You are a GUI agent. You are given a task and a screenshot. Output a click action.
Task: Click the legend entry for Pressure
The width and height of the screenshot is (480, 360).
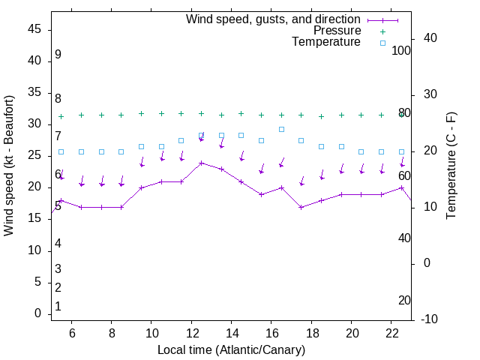tap(337, 31)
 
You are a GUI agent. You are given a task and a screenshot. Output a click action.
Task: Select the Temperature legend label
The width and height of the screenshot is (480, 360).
tap(326, 42)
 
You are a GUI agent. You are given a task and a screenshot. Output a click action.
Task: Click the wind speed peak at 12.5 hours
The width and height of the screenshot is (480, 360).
tap(201, 163)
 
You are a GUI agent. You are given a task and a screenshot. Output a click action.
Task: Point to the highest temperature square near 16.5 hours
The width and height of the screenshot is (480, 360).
tap(281, 129)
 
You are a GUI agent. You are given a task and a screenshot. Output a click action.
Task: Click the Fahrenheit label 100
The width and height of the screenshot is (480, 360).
tap(401, 50)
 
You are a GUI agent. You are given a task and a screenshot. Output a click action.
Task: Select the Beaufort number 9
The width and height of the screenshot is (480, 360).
tap(58, 55)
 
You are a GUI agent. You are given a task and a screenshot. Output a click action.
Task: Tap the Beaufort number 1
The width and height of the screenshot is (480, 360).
tap(58, 306)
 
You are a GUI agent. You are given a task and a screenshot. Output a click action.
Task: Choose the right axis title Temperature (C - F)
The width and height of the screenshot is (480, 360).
tap(451, 165)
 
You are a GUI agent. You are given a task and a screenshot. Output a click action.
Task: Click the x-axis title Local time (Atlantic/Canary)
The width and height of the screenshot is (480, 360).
tap(231, 349)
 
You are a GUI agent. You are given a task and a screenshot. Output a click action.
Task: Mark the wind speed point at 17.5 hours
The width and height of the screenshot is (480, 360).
tap(301, 207)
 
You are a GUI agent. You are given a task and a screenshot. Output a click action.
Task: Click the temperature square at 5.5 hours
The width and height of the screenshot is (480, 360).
tap(61, 151)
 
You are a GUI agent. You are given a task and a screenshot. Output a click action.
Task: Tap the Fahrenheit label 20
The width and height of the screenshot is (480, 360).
tap(404, 300)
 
